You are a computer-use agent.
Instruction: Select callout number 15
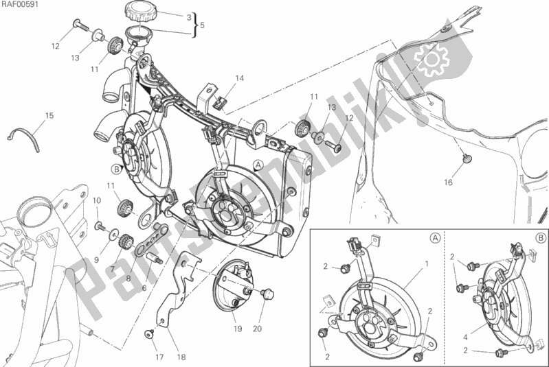(x=49, y=115)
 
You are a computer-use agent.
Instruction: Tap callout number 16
(x=447, y=183)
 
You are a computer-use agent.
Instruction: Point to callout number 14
(x=239, y=78)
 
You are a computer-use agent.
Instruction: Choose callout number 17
(x=159, y=357)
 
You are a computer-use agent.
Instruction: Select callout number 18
(x=181, y=357)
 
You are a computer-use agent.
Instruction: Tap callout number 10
(x=96, y=200)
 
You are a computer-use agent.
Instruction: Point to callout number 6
(x=144, y=287)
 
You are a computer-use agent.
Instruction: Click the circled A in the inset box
(x=436, y=238)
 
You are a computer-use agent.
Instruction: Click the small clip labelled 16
(x=465, y=160)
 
